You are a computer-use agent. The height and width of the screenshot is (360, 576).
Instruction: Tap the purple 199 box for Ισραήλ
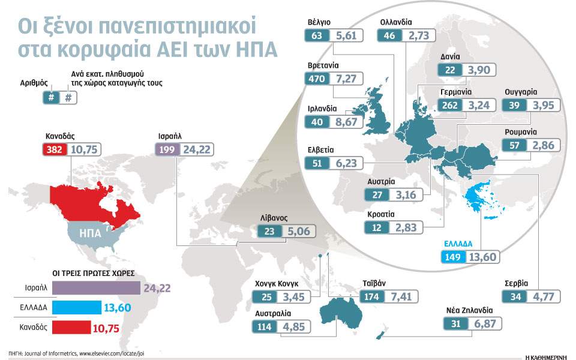pyautogui.click(x=166, y=149)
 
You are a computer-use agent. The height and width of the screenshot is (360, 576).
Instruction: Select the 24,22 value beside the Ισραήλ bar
pyautogui.click(x=157, y=289)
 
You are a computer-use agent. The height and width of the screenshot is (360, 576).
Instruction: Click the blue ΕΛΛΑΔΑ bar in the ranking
pyautogui.click(x=77, y=308)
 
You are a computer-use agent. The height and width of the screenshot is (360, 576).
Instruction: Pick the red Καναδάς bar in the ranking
pyautogui.click(x=77, y=328)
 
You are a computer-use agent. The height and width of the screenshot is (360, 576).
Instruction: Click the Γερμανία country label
pyautogui.click(x=455, y=92)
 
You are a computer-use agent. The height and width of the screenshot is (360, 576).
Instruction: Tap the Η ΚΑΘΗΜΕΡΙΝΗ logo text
pyautogui.click(x=545, y=355)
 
